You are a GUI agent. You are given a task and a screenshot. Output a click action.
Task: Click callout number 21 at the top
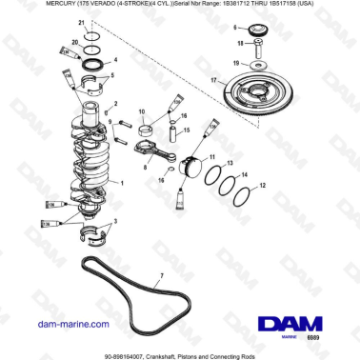point(81,21)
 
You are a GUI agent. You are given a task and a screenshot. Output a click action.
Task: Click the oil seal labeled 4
point(95,63)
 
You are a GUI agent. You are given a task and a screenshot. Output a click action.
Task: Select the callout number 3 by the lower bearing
point(117,221)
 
